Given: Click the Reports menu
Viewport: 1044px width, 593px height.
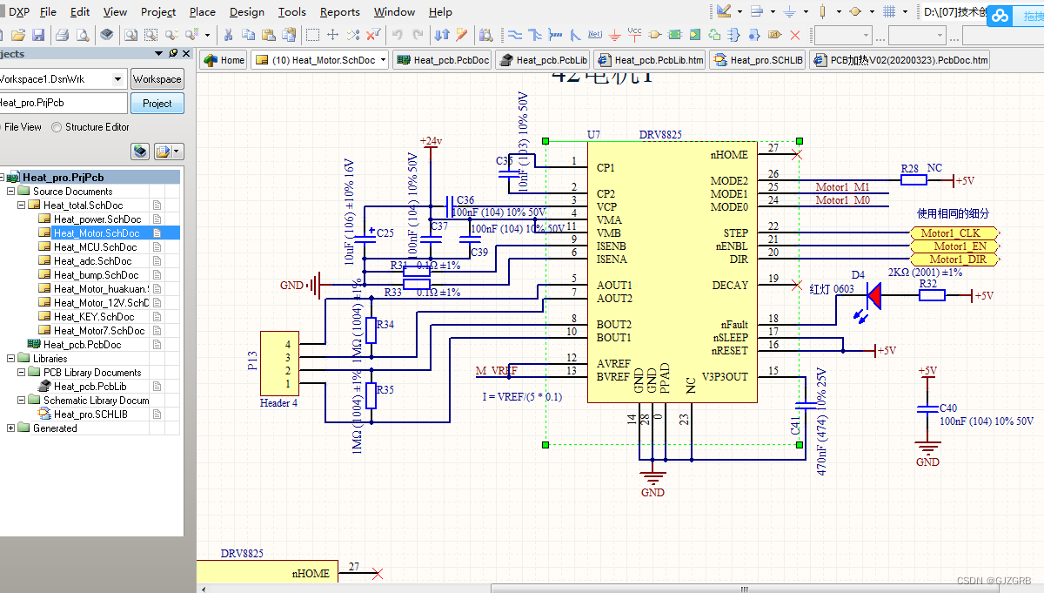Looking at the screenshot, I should [x=339, y=11].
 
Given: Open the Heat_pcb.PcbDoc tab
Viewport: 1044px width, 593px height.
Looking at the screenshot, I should [x=443, y=60].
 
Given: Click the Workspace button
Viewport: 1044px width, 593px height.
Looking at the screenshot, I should [x=157, y=79].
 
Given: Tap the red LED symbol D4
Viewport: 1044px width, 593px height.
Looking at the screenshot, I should [x=873, y=297].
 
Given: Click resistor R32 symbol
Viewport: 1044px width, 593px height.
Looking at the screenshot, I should [x=932, y=296].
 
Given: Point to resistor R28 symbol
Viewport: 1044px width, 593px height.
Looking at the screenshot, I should [x=913, y=180].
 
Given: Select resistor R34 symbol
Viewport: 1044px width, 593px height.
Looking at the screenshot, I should [x=371, y=330].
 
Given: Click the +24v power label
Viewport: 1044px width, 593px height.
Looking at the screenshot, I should [x=431, y=141].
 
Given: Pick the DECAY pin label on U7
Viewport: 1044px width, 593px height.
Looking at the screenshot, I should [x=729, y=286].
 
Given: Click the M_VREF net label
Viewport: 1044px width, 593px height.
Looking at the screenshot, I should [x=496, y=372].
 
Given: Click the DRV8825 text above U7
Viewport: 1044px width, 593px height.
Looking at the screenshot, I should [x=660, y=135].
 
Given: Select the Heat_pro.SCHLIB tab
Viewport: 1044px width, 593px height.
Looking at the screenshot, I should [x=758, y=60].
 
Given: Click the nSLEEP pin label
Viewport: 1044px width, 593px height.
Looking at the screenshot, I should [x=729, y=337].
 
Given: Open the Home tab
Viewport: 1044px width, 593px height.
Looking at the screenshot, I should [x=224, y=60].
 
